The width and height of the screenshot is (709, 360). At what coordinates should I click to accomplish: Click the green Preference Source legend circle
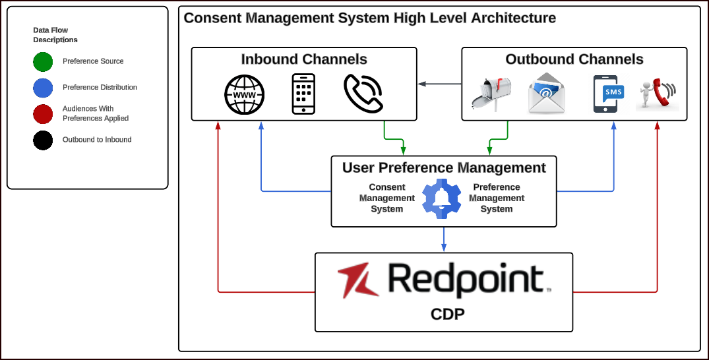[x=43, y=61]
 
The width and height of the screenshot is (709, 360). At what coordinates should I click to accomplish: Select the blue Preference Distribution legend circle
[x=43, y=88]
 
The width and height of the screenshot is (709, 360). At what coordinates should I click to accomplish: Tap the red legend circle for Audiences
[x=43, y=114]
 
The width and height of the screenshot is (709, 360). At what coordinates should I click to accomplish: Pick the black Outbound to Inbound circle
[x=43, y=140]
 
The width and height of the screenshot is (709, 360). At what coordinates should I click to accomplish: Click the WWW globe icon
[x=244, y=95]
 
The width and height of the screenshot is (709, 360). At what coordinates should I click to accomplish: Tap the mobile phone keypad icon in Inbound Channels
[x=303, y=94]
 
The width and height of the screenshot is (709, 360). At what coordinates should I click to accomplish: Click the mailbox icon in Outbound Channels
[x=491, y=94]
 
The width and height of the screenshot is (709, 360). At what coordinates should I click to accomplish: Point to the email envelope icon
[x=547, y=94]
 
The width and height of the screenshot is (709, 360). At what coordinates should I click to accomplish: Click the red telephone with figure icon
[x=656, y=94]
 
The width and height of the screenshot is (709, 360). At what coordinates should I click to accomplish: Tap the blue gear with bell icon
[x=443, y=198]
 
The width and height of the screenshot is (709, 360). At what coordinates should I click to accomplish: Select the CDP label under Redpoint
[x=448, y=314]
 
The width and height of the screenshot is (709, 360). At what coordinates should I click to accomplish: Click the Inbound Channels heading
[x=304, y=59]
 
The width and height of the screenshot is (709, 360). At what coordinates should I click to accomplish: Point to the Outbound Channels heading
[x=574, y=59]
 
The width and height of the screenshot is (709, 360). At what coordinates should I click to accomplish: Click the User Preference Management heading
[x=444, y=167]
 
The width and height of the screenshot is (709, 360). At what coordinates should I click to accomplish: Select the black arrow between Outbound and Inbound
[x=439, y=84]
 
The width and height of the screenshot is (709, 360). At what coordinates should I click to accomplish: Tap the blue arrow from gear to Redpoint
[x=444, y=239]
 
